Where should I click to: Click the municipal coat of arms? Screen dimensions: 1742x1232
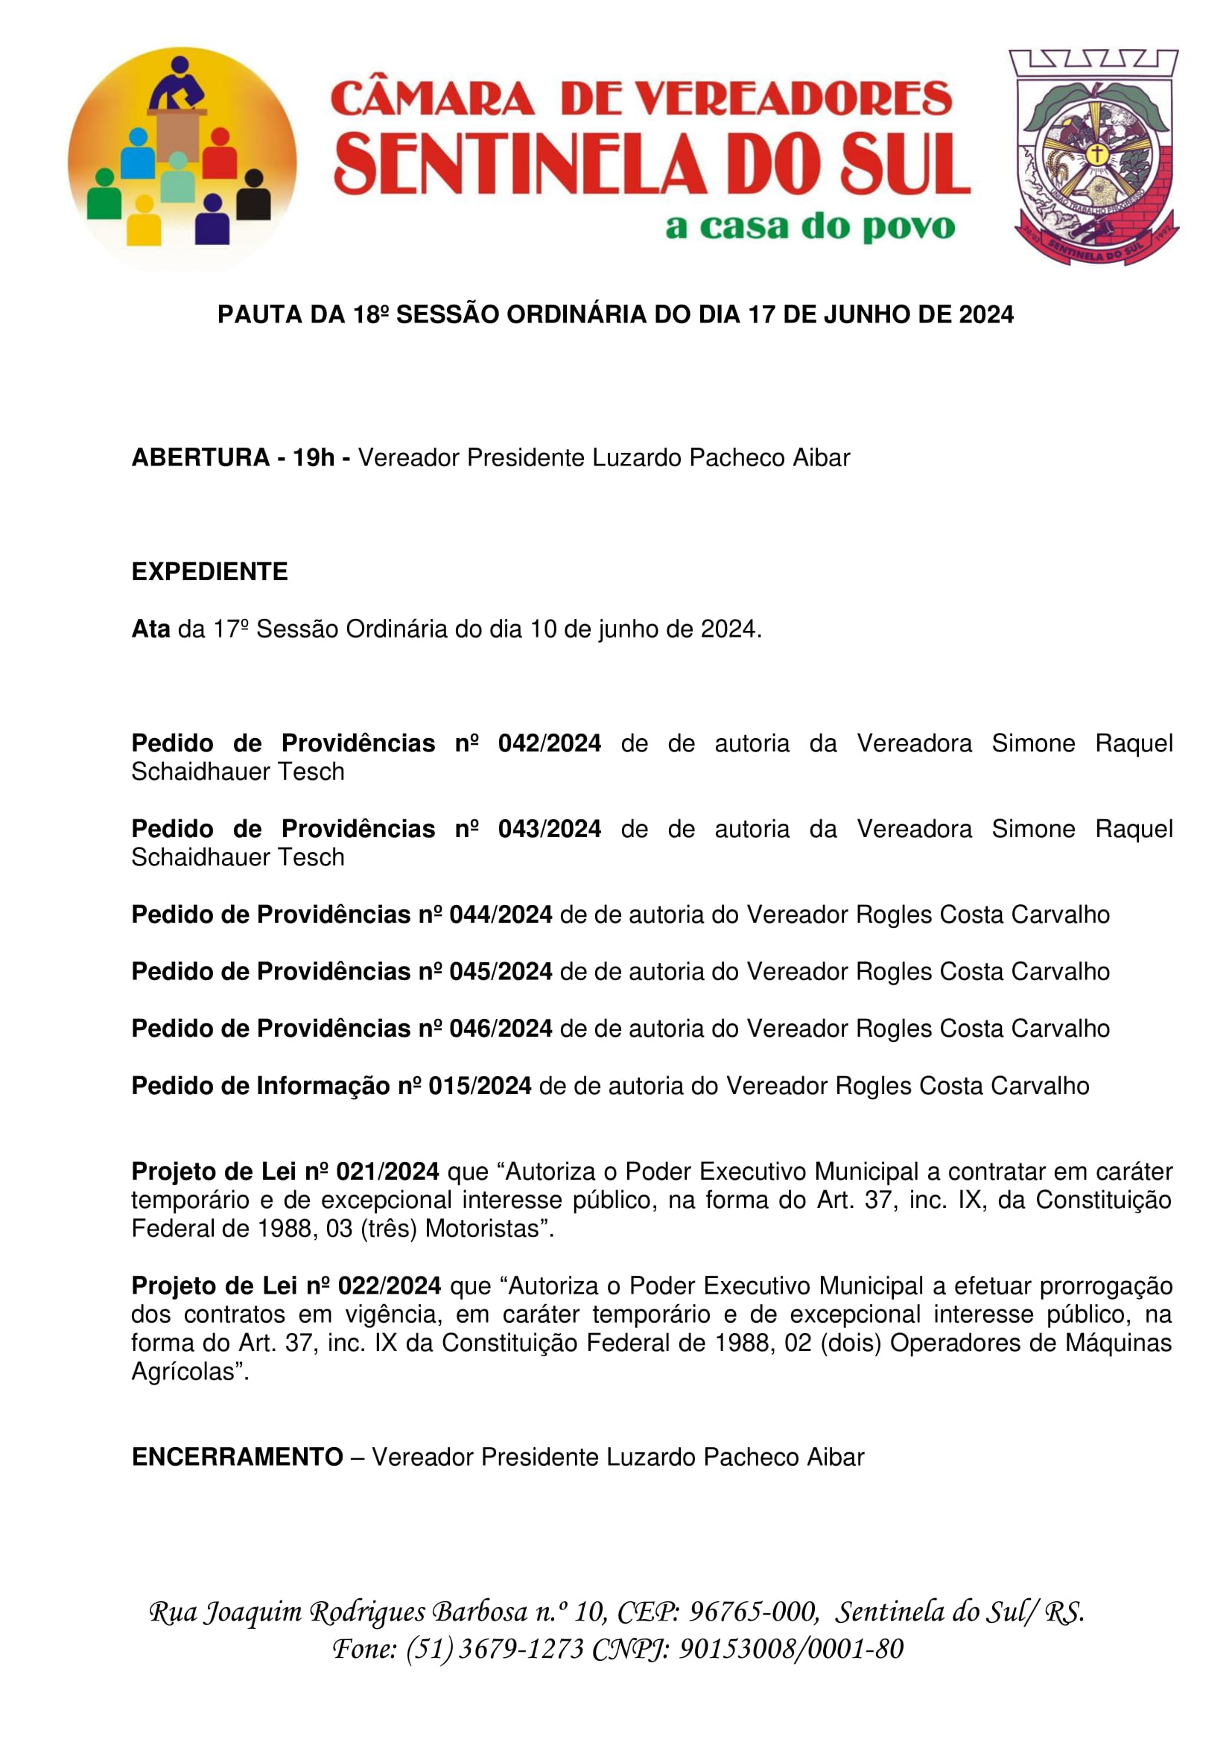(1095, 156)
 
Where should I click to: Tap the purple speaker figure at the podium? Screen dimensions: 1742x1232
(177, 83)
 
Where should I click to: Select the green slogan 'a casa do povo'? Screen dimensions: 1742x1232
(810, 227)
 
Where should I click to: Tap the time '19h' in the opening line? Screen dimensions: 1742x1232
(314, 458)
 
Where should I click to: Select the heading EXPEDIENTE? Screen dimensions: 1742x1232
(209, 572)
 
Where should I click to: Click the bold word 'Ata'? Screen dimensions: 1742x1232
(150, 629)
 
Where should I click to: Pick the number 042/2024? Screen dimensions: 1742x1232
(549, 743)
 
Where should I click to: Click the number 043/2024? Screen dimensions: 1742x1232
(549, 829)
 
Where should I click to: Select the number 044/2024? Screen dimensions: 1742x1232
(501, 915)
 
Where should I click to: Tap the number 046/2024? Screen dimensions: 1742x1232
(501, 1029)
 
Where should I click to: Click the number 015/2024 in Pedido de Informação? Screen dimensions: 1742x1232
(480, 1087)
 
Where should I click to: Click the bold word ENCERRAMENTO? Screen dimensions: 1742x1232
(238, 1458)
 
